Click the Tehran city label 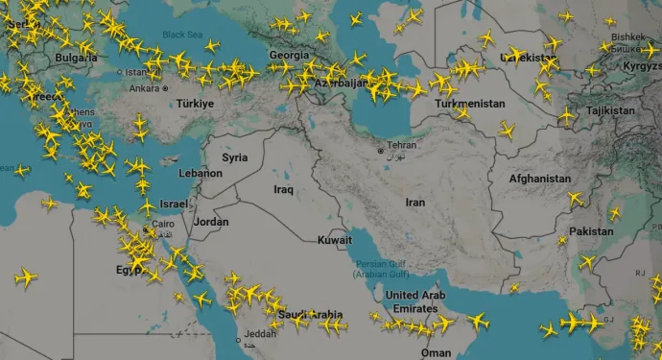(402, 145)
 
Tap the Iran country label (414, 203)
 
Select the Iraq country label (283, 189)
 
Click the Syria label (234, 157)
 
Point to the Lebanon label (201, 174)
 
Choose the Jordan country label (211, 222)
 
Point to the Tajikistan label (609, 111)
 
